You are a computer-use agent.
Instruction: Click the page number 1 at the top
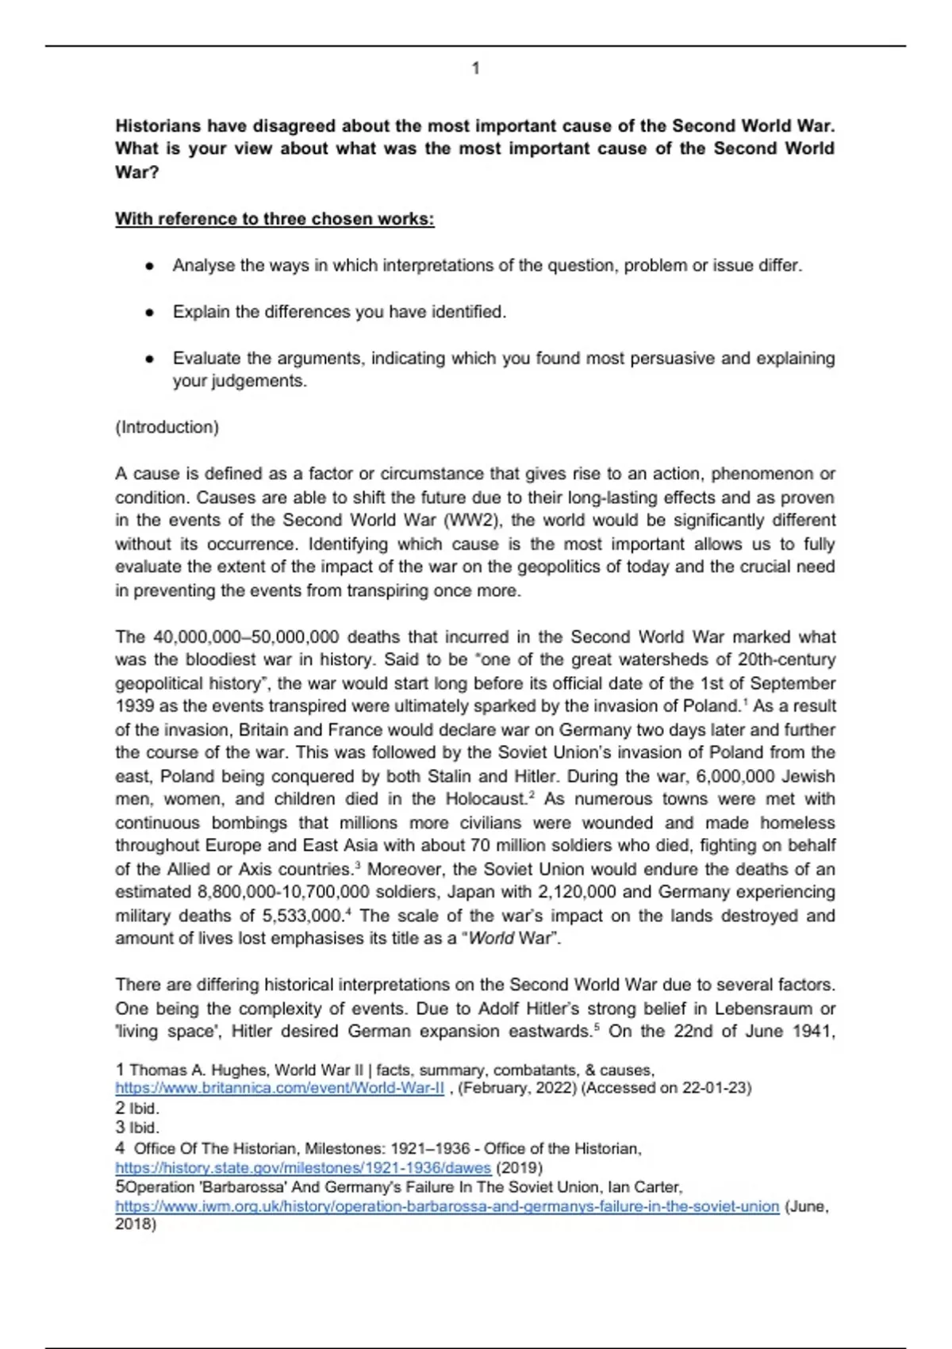[475, 69]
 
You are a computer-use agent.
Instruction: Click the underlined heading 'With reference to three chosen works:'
[274, 219]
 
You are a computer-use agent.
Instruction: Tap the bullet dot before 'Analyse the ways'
[148, 267]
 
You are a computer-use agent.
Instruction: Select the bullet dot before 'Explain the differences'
[148, 313]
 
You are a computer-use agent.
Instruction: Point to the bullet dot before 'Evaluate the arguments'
[148, 359]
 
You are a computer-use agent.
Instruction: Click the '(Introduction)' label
[167, 428]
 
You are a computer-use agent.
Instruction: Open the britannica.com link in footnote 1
[279, 1088]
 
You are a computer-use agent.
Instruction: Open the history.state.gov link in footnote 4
[303, 1168]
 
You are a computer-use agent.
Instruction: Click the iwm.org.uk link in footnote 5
[447, 1207]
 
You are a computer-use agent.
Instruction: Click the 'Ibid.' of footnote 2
[144, 1109]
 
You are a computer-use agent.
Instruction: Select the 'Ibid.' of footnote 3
[144, 1128]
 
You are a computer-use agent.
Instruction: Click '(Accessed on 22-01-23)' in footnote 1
[666, 1088]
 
